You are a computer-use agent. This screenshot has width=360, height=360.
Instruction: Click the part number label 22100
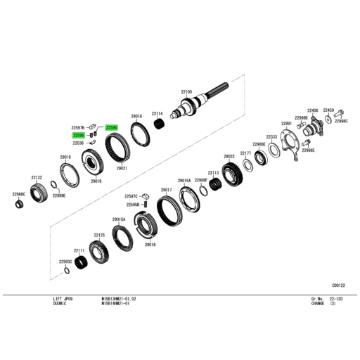(x=186, y=92)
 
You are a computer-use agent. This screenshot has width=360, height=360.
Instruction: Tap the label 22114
(x=157, y=113)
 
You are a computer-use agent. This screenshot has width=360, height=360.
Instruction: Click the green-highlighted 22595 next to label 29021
(x=110, y=127)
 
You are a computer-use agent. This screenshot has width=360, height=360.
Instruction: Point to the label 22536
(x=78, y=143)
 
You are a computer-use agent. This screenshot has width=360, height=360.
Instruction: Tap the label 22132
(x=37, y=178)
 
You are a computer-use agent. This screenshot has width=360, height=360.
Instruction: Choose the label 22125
(x=99, y=236)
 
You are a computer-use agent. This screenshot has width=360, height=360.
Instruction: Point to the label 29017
(x=167, y=190)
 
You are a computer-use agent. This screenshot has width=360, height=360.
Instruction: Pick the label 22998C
(x=341, y=121)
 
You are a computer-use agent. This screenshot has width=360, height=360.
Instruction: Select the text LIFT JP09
(x=63, y=299)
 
